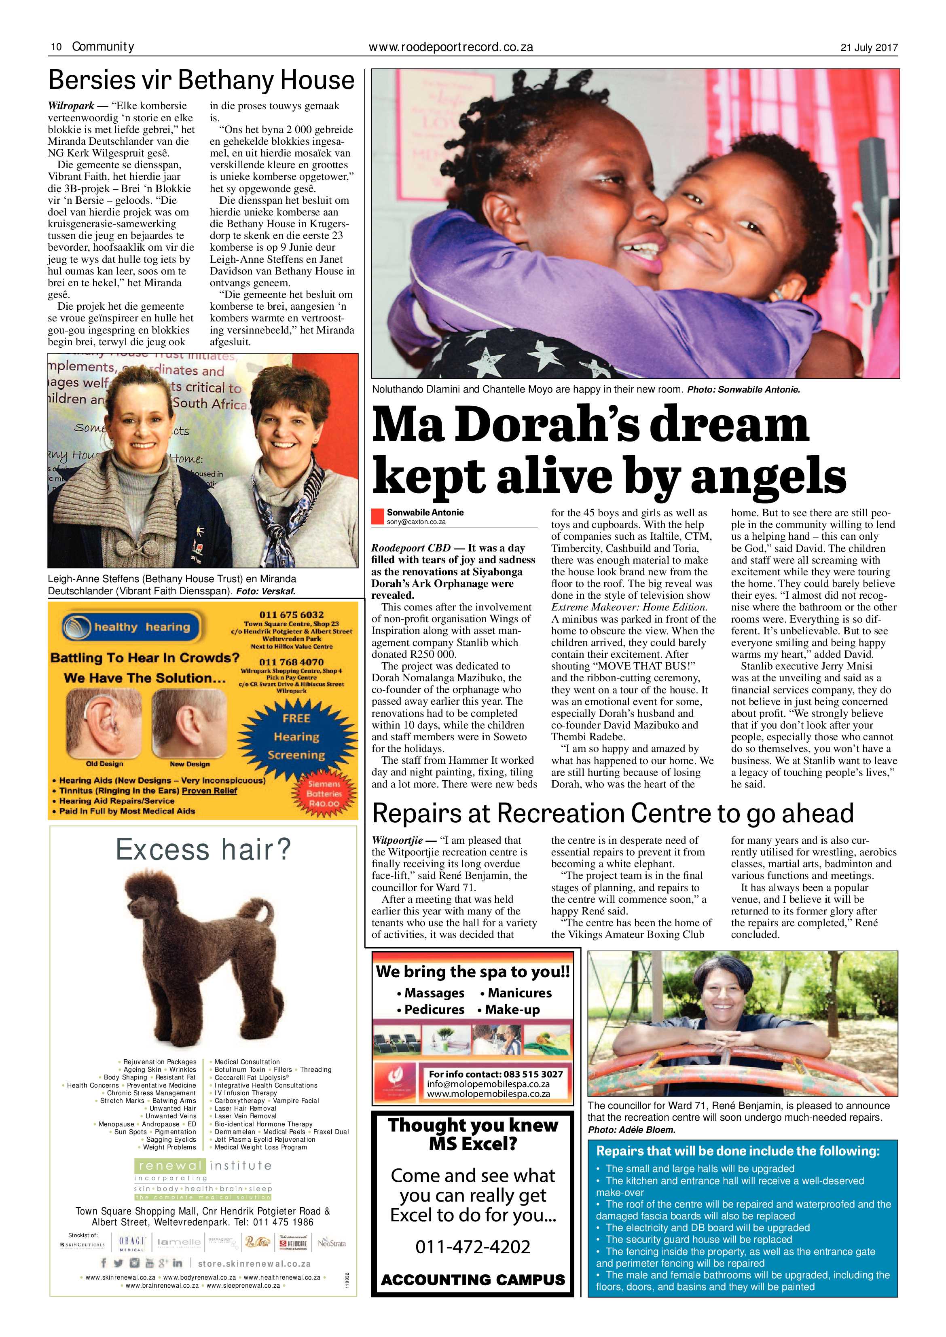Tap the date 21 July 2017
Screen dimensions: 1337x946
pos(868,48)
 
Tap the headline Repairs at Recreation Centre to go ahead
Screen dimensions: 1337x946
pos(613,813)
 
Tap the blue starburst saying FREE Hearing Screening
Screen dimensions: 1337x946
pos(296,736)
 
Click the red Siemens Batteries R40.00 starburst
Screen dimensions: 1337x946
pos(324,794)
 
